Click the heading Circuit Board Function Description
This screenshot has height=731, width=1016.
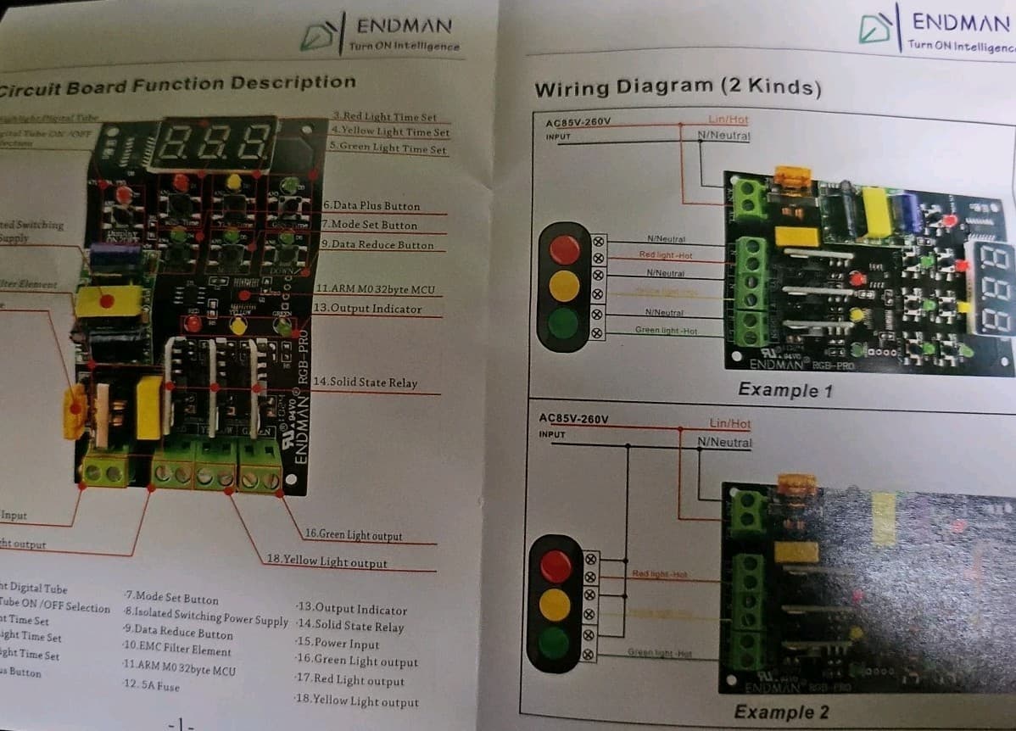(x=176, y=85)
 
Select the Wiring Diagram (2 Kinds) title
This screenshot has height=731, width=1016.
(x=677, y=87)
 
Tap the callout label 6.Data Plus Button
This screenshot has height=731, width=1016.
(x=371, y=206)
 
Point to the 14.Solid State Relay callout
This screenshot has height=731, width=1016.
(x=365, y=382)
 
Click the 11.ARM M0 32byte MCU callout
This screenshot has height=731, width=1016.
(x=374, y=290)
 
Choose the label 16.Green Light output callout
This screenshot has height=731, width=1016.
(x=354, y=535)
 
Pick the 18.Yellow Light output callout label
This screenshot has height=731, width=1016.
(x=327, y=561)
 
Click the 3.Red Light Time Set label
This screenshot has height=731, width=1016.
(x=384, y=117)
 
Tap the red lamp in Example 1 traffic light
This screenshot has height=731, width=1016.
(x=565, y=249)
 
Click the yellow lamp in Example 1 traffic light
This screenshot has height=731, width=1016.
(x=564, y=286)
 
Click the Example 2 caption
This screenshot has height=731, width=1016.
(x=781, y=711)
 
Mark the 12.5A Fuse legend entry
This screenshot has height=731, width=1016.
(x=151, y=685)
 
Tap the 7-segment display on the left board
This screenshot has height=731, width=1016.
(x=216, y=141)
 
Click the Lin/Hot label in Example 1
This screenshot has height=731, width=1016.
(x=728, y=120)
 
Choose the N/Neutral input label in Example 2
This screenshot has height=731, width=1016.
(x=724, y=442)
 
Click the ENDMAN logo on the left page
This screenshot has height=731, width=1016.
(x=382, y=34)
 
